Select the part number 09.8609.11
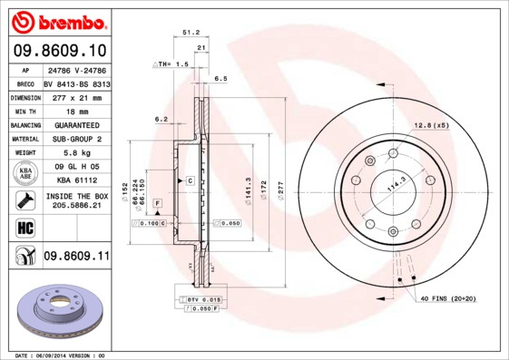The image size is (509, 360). [75, 258]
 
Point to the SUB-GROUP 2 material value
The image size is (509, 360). [74, 139]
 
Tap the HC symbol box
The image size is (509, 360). [22, 227]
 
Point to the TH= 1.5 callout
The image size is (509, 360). [170, 64]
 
